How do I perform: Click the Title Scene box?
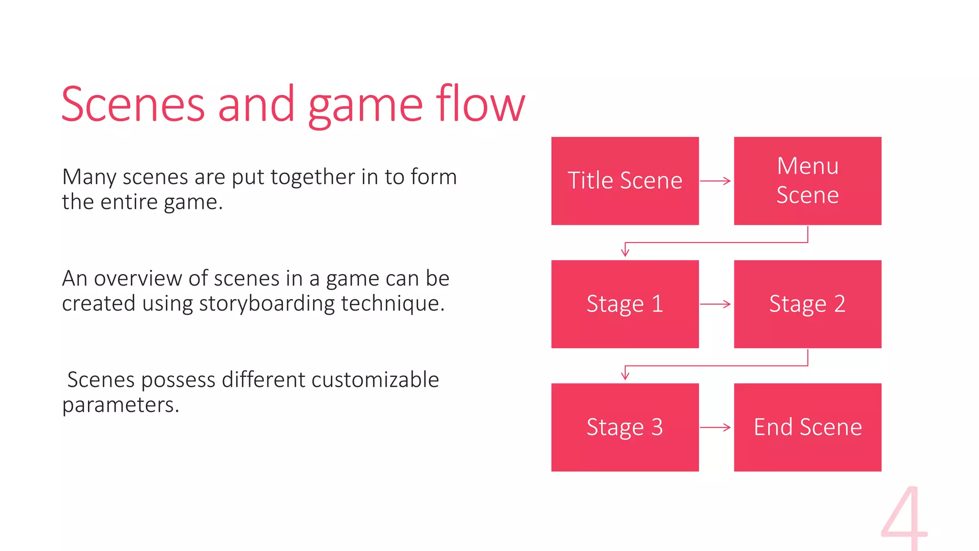pyautogui.click(x=625, y=181)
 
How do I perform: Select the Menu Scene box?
pyautogui.click(x=807, y=181)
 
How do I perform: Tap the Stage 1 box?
pyautogui.click(x=625, y=304)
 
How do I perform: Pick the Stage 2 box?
pyautogui.click(x=807, y=304)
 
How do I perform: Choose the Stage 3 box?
pyautogui.click(x=625, y=427)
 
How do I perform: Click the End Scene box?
pyautogui.click(x=807, y=427)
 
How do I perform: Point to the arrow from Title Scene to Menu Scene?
pyautogui.click(x=716, y=181)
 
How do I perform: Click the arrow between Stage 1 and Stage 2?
pyautogui.click(x=716, y=304)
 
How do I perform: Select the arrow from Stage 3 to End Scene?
pyautogui.click(x=716, y=427)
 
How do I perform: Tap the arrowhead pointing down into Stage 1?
pyautogui.click(x=625, y=252)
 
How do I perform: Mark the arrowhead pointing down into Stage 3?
pyautogui.click(x=625, y=375)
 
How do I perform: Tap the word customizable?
pyautogui.click(x=375, y=380)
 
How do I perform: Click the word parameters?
pyautogui.click(x=120, y=405)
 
